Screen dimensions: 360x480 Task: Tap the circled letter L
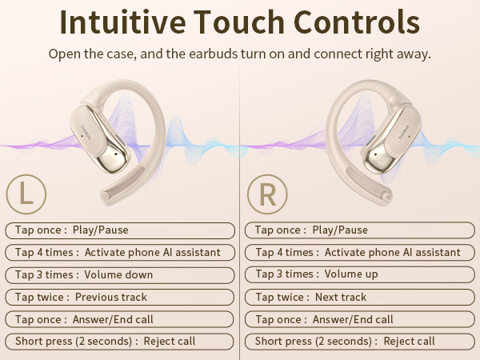tap(26, 194)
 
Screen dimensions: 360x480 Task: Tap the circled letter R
tap(266, 194)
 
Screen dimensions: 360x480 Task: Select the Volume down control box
tap(120, 274)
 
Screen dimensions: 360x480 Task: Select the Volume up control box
tap(360, 274)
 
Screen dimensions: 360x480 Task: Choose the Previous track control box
tap(120, 297)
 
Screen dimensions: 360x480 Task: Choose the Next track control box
tap(360, 297)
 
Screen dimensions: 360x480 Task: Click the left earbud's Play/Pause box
tap(120, 230)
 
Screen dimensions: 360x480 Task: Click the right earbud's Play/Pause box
tap(360, 230)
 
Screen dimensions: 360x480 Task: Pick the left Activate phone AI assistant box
tap(120, 252)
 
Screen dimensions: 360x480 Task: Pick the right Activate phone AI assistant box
tap(360, 252)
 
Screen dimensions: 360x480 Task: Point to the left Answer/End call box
tap(120, 319)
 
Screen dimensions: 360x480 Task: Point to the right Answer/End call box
tap(360, 319)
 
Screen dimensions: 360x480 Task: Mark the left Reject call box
tap(120, 342)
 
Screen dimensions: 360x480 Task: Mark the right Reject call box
tap(360, 342)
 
